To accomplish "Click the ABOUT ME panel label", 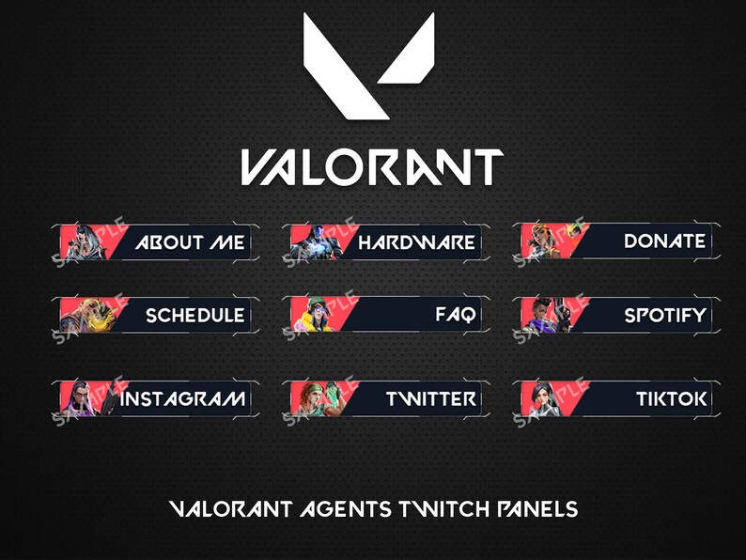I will [189, 242].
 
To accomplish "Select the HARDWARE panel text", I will [416, 242].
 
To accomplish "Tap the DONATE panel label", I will [664, 241].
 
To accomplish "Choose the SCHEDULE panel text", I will [194, 316].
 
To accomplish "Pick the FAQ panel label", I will [455, 315].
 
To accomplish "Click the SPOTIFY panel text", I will [664, 316].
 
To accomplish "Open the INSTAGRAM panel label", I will [183, 398].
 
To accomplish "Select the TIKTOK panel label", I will [671, 398].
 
